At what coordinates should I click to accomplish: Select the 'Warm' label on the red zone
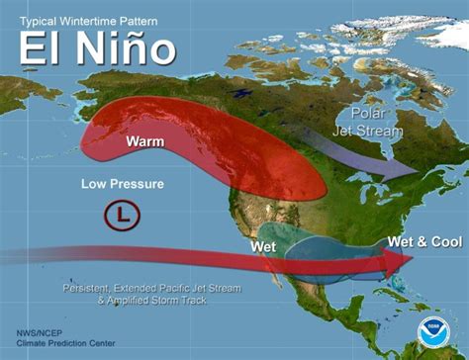tap(145, 141)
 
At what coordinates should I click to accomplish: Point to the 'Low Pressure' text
tap(123, 184)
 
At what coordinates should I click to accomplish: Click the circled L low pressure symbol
tap(122, 213)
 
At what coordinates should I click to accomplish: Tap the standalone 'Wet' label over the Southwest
tap(263, 245)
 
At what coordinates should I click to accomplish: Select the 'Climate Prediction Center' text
tap(58, 344)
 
